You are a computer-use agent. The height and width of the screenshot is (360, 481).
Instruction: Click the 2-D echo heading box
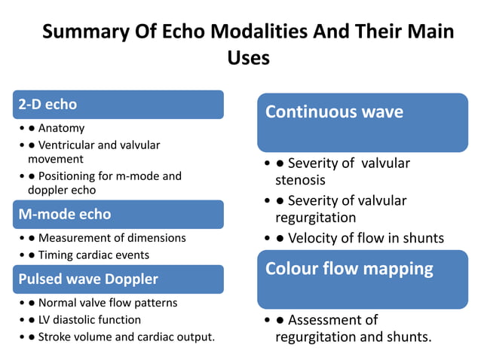[118, 105]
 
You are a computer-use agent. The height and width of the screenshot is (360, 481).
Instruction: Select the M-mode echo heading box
[118, 214]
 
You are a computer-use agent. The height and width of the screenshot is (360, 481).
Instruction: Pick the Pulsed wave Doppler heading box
[118, 279]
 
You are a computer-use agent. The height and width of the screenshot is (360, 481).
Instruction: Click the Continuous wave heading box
[363, 122]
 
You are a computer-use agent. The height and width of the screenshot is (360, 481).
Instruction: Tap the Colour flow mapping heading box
[363, 279]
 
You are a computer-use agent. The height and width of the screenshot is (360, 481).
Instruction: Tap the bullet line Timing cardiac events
[93, 255]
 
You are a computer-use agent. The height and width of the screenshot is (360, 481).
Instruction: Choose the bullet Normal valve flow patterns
[108, 303]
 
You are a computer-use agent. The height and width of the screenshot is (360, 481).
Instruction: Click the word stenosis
[300, 180]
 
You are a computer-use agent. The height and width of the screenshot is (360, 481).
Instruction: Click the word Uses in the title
[248, 57]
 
